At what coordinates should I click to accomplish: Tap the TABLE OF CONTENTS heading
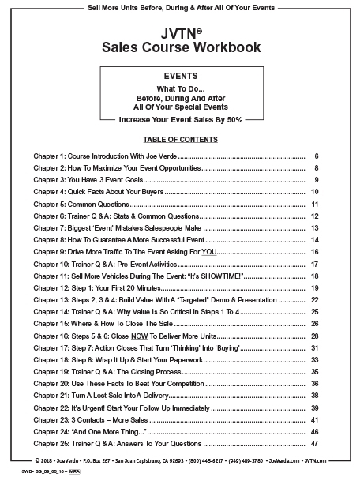click(x=180, y=140)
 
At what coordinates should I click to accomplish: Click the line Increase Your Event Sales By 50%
click(x=180, y=120)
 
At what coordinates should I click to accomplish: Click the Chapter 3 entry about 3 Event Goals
click(x=95, y=179)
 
